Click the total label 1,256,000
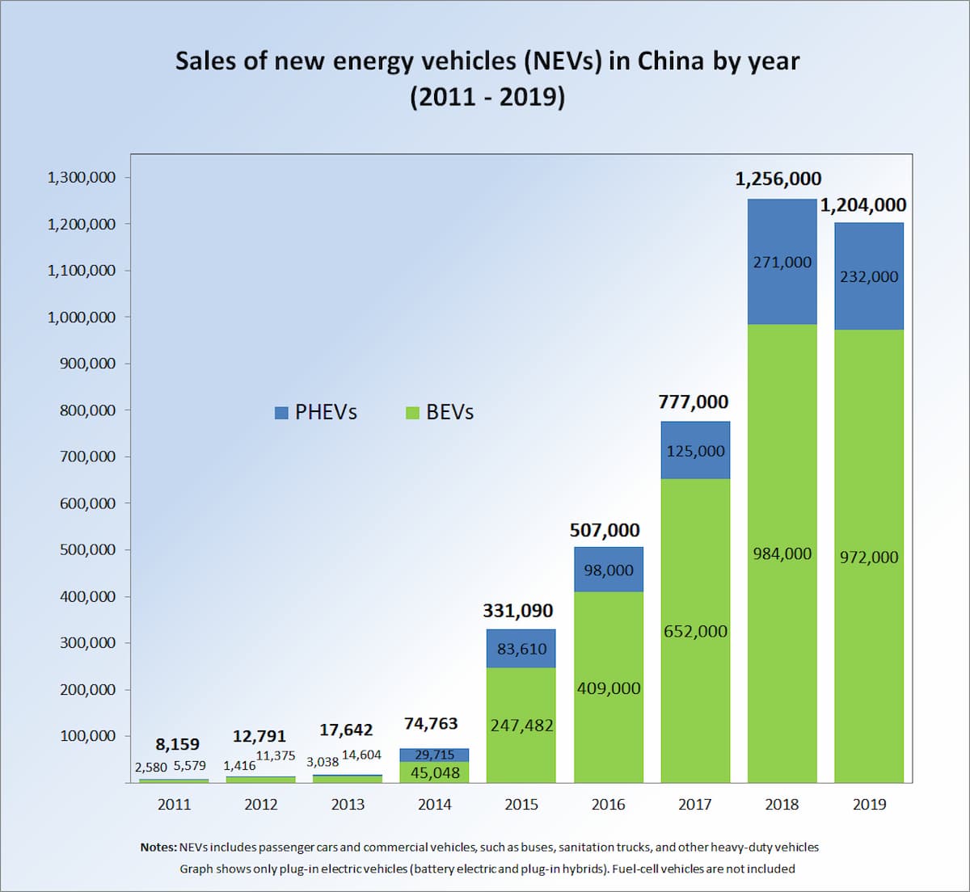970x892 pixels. pos(778,179)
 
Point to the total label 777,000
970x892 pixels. pos(694,402)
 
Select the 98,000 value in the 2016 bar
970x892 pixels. pos(609,570)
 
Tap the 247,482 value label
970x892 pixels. pos(521,726)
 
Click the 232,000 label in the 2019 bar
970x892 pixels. pos(869,276)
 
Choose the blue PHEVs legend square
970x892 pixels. pos(281,413)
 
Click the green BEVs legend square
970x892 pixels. pos(412,413)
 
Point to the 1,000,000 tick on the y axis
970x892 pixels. pos(82,317)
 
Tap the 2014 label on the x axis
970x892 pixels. pos(434,804)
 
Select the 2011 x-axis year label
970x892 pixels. pos(174,804)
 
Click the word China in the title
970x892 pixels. pos(671,61)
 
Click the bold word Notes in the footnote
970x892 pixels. pos(158,848)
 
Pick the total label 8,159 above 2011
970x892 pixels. pos(177,744)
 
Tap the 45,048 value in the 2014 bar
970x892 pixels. pos(435,773)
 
